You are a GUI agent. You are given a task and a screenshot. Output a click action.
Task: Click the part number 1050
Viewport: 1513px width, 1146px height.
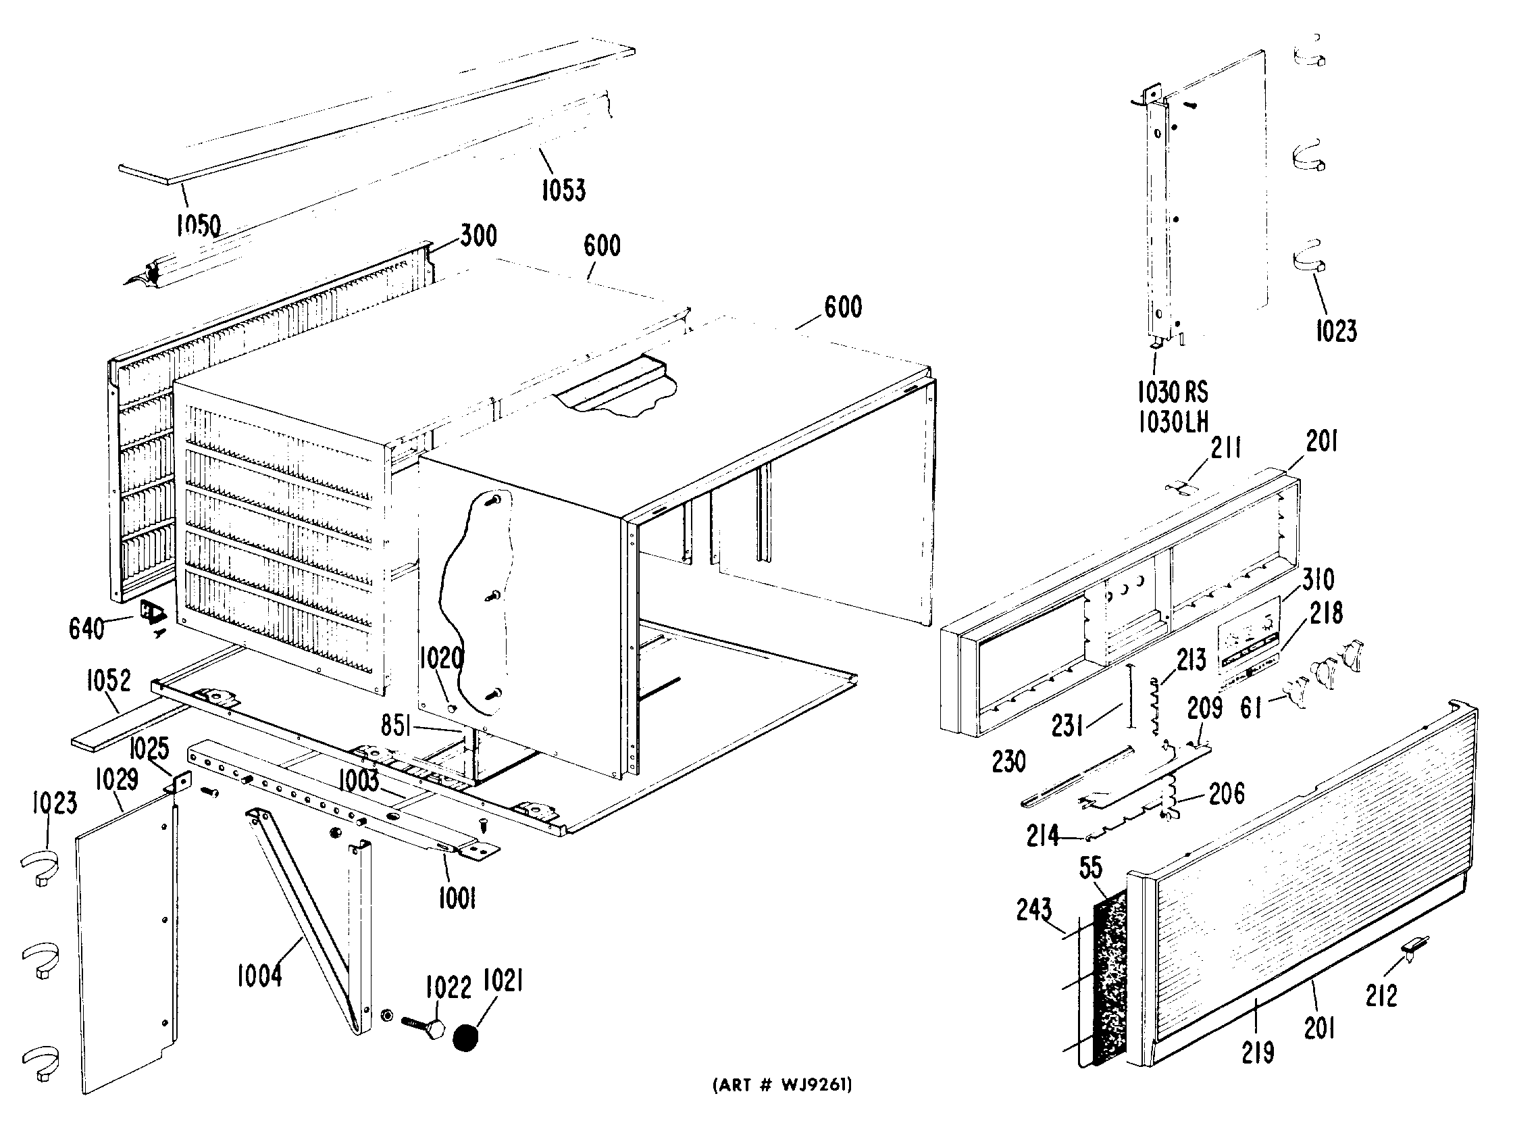click(x=199, y=224)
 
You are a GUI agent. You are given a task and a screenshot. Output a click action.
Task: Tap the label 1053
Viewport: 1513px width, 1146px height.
click(x=563, y=189)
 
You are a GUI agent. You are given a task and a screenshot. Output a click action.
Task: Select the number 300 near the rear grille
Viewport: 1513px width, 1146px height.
click(x=478, y=236)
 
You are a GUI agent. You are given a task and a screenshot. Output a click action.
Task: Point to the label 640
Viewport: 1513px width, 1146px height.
click(x=86, y=628)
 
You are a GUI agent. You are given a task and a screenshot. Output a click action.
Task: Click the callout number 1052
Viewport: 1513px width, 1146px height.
click(x=108, y=680)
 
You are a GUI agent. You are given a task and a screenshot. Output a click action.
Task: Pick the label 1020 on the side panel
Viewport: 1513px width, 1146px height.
click(x=441, y=658)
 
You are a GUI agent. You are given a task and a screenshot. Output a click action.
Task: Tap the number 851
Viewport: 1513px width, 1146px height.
click(x=396, y=726)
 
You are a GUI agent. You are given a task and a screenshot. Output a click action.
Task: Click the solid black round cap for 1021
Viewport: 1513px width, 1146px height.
click(x=466, y=1038)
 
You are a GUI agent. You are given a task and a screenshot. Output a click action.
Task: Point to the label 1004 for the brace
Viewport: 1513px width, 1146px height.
click(x=259, y=976)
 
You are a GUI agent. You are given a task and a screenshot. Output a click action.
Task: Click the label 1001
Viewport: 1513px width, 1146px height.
click(x=457, y=898)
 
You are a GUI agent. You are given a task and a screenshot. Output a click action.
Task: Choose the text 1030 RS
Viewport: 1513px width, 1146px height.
click(x=1173, y=392)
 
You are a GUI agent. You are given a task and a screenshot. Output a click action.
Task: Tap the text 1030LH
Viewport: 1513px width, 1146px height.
click(x=1173, y=422)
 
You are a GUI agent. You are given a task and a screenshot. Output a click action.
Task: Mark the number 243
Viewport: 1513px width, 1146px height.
click(x=1033, y=910)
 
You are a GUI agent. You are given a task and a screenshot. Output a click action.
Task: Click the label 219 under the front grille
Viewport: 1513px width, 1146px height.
click(x=1258, y=1051)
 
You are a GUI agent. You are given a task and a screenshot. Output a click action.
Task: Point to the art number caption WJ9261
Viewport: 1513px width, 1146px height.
click(x=782, y=1085)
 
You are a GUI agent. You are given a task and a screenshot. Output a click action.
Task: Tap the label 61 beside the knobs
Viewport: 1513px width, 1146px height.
click(x=1251, y=707)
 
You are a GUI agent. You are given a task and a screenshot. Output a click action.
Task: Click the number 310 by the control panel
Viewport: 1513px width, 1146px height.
click(x=1318, y=580)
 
